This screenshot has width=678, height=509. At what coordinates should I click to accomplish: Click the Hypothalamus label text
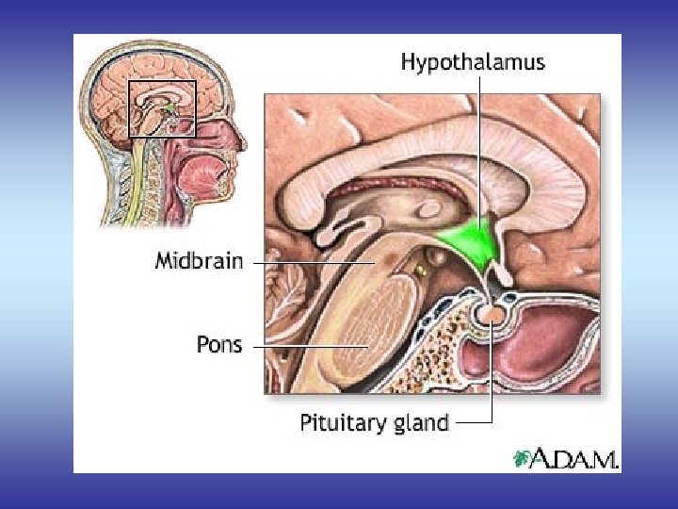tap(472, 62)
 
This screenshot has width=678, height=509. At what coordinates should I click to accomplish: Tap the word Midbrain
tap(198, 262)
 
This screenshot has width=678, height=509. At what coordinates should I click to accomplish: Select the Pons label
tap(218, 344)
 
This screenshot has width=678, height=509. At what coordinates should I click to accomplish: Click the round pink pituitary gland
tap(492, 313)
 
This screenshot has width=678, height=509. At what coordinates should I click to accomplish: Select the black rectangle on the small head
tap(162, 108)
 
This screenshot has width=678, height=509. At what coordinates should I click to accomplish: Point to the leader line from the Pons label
tap(311, 346)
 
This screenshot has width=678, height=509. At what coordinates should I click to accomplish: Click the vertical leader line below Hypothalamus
tap(479, 141)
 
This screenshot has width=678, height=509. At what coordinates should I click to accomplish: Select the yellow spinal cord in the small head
tap(141, 179)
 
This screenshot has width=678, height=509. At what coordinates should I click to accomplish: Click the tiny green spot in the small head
tap(169, 110)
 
